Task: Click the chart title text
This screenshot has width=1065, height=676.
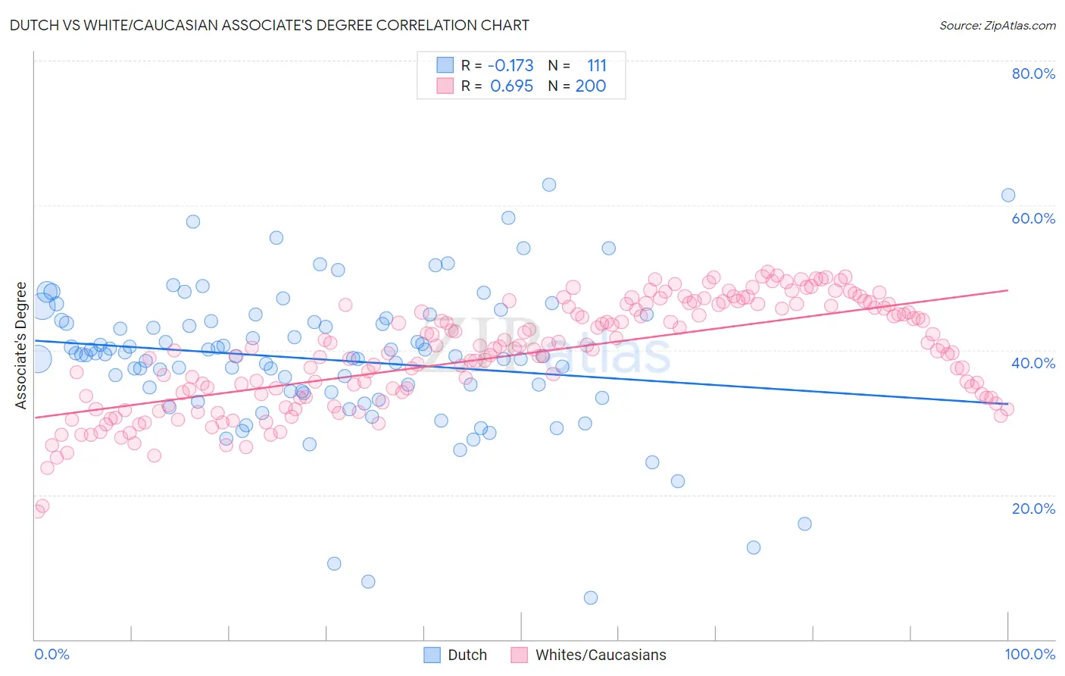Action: [x=270, y=25]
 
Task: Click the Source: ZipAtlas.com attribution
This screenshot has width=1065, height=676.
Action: [x=997, y=25]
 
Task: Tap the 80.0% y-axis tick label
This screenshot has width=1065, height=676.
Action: [x=1033, y=74]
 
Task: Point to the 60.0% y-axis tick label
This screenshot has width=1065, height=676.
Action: [x=1033, y=218]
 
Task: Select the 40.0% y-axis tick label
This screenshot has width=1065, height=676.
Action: [x=1033, y=363]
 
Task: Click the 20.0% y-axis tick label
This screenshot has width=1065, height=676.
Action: [x=1033, y=509]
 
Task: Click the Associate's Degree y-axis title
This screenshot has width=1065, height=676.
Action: [x=20, y=346]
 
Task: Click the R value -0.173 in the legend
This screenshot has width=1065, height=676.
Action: [x=511, y=66]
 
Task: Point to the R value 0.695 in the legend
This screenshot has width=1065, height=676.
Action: [x=512, y=86]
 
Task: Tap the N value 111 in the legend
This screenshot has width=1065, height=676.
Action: [x=596, y=66]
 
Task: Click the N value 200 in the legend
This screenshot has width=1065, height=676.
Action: [x=591, y=86]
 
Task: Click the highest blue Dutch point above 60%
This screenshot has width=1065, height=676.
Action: [x=549, y=185]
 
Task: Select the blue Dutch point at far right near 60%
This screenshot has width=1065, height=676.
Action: [x=1008, y=196]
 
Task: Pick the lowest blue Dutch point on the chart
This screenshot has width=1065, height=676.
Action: [x=591, y=598]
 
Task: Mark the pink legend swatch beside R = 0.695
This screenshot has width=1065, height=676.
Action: [x=445, y=86]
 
